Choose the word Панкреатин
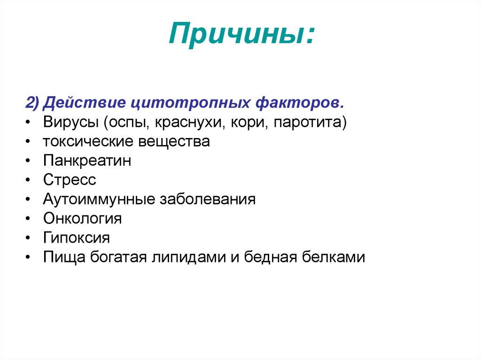coord(87,161)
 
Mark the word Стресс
coord(70,180)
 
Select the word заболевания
coord(208,199)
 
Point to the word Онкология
coord(82,219)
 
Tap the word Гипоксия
coord(77,238)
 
